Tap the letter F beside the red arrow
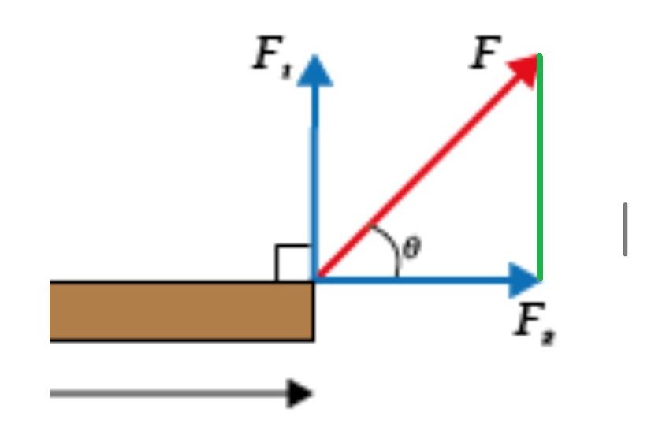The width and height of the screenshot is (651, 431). click(x=485, y=54)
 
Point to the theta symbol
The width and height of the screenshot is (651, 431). click(x=411, y=249)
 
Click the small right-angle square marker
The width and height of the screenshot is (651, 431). click(x=293, y=262)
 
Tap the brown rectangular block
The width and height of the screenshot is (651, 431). click(x=181, y=310)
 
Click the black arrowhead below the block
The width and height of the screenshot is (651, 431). click(x=299, y=392)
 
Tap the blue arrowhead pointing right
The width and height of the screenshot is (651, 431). click(x=523, y=279)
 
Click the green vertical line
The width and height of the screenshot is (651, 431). click(x=539, y=165)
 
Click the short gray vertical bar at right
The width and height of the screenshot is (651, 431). click(x=625, y=229)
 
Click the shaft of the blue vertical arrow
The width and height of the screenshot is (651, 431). click(x=315, y=173)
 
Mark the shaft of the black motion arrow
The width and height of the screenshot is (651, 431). click(x=166, y=392)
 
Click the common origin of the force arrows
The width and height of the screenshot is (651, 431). click(x=315, y=279)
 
